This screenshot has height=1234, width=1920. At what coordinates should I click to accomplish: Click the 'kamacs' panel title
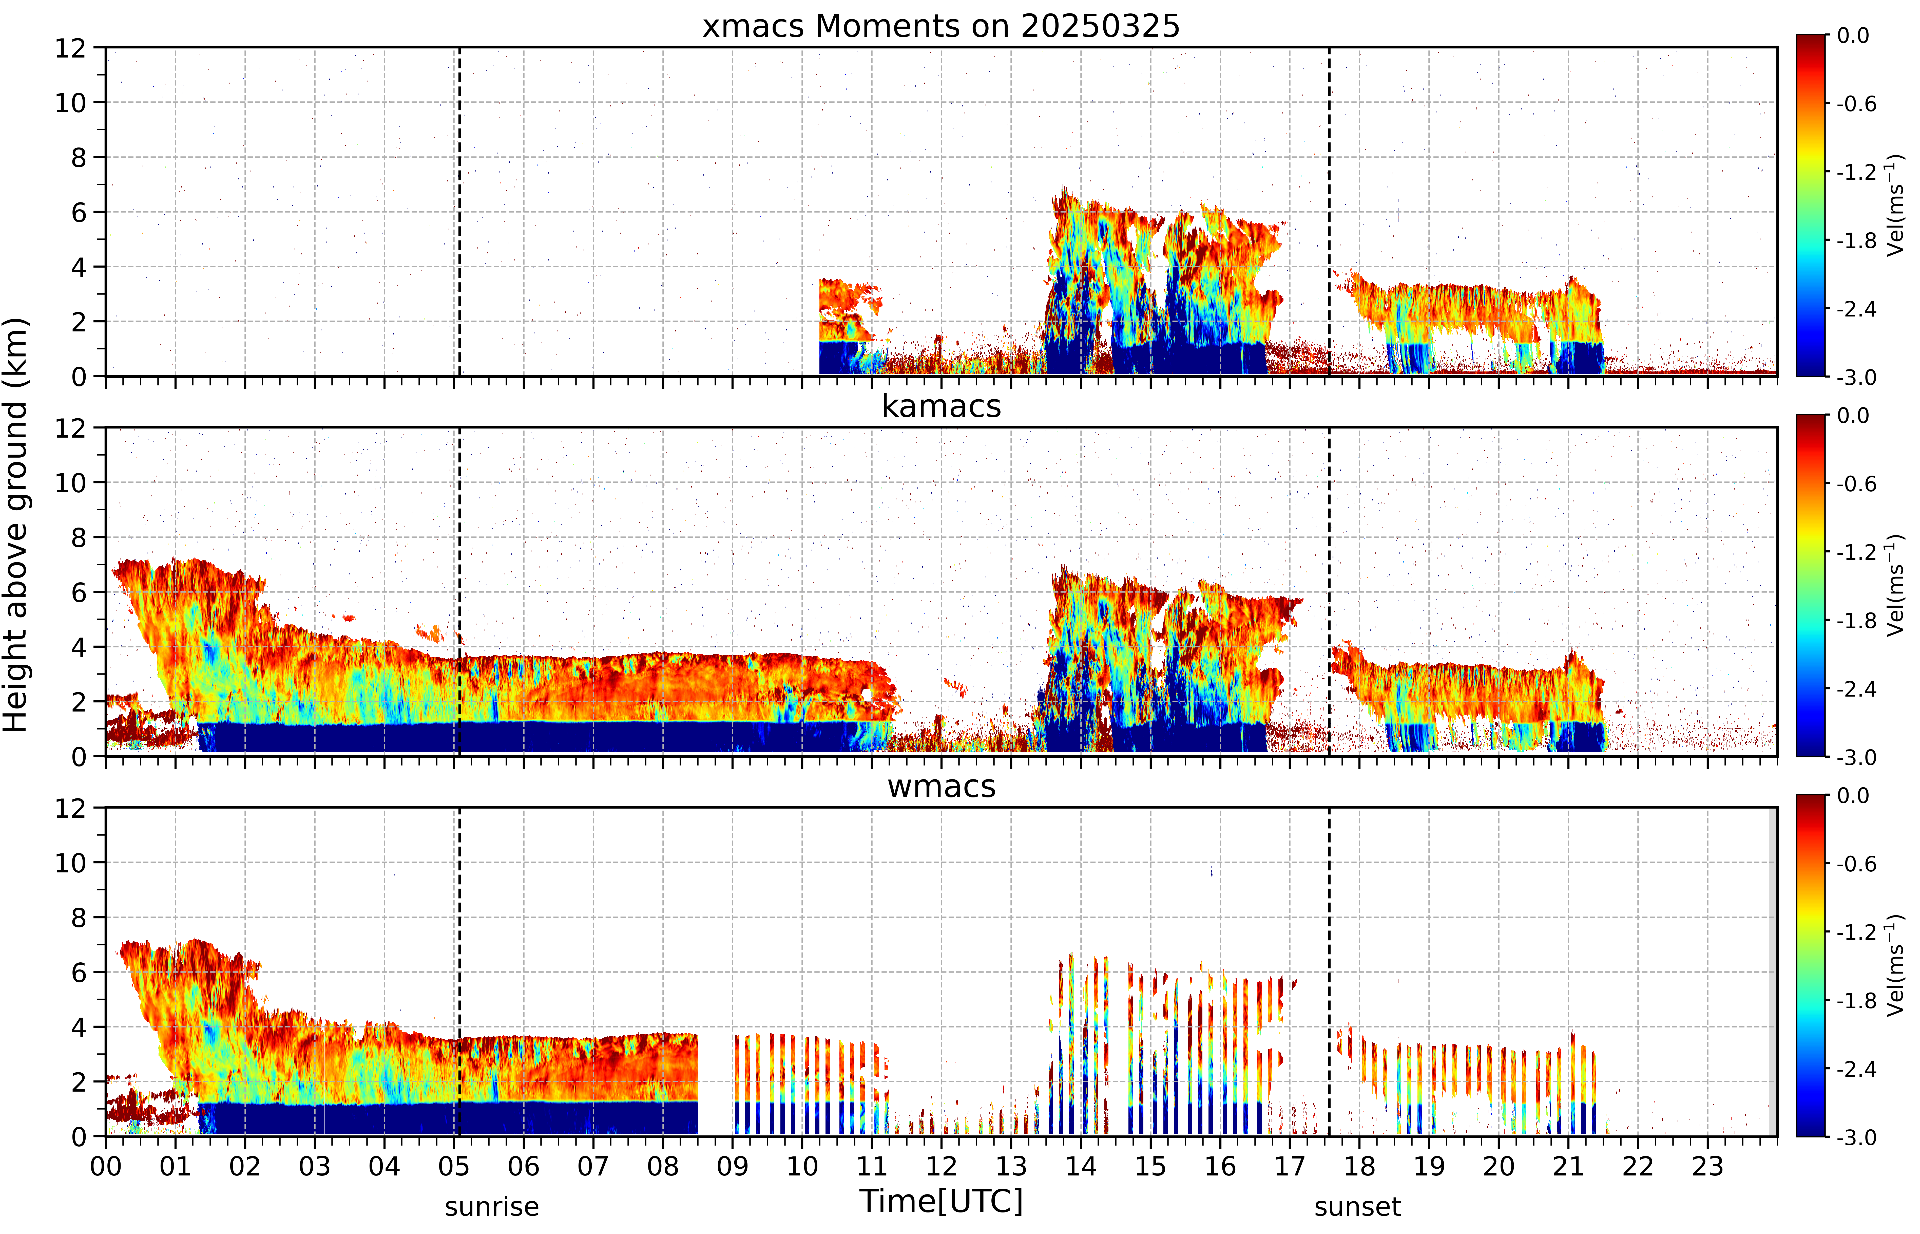pyautogui.click(x=941, y=406)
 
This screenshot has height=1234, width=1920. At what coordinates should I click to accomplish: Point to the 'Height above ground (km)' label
pyautogui.click(x=16, y=525)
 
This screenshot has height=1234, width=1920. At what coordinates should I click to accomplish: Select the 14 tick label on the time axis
pyautogui.click(x=1081, y=1166)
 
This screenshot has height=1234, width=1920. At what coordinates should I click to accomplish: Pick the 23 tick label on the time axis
pyautogui.click(x=1708, y=1166)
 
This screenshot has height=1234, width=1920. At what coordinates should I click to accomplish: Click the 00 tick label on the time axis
pyautogui.click(x=106, y=1166)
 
